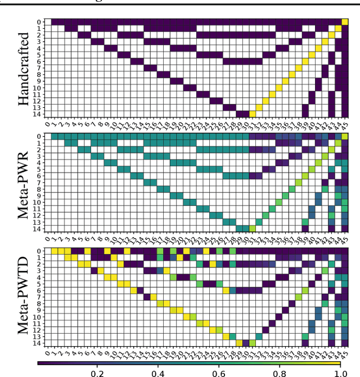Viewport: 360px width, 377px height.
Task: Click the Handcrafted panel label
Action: click(24, 69)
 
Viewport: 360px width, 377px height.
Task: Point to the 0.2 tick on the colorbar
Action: click(97, 373)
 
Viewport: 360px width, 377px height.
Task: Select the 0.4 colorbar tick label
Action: click(158, 373)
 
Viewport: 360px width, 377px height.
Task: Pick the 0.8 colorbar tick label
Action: click(280, 373)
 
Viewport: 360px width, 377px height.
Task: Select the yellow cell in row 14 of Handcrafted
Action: click(252, 113)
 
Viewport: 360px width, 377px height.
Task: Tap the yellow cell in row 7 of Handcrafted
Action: click(298, 68)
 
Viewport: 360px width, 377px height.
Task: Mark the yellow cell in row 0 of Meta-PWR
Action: click(345, 137)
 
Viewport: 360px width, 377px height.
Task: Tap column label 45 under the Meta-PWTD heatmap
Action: click(345, 353)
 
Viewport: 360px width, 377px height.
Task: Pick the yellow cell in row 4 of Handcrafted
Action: click(318, 48)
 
